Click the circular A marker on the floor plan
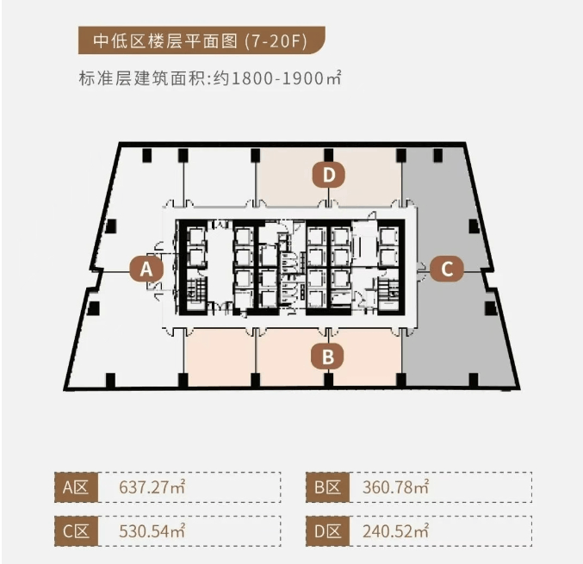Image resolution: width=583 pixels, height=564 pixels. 146,269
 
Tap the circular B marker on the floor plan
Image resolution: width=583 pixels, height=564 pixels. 328,355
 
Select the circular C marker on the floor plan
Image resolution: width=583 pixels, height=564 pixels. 446,269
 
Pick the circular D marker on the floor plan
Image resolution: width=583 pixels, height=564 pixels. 328,175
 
